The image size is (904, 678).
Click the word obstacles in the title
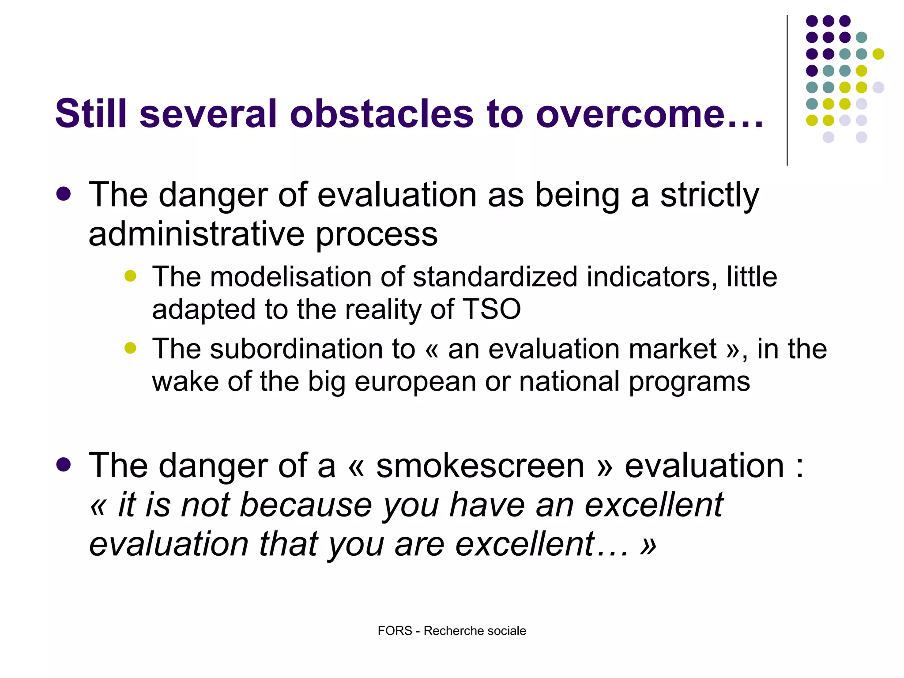tap(381, 113)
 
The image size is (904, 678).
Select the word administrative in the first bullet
tap(196, 234)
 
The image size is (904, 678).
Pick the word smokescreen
tap(480, 466)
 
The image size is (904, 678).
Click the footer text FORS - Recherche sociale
tap(452, 631)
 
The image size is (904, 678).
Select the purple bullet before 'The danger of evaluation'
tap(64, 194)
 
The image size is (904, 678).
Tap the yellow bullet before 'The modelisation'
tap(130, 276)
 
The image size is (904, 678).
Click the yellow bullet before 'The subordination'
tap(130, 348)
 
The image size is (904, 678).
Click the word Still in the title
tap(91, 113)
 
